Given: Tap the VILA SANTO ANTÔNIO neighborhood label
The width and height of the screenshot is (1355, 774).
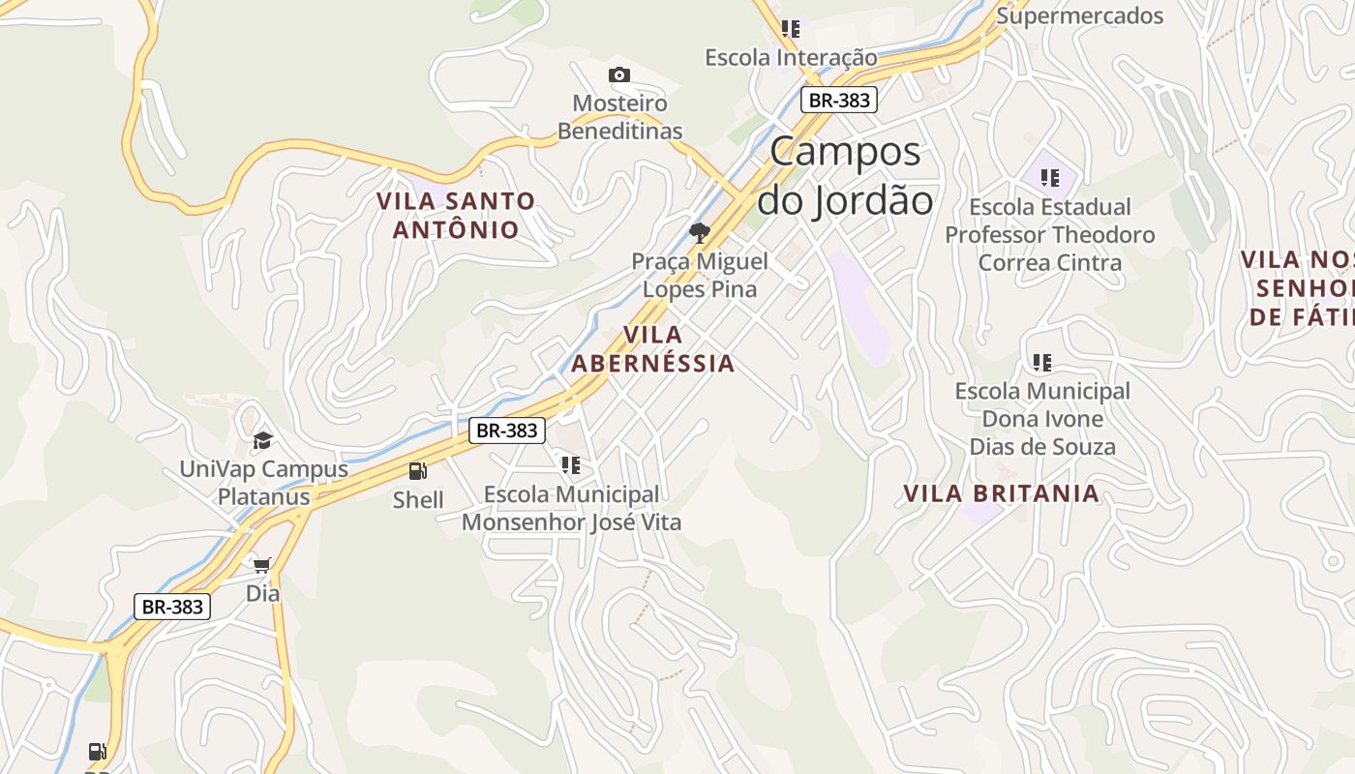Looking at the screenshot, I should point(455,215).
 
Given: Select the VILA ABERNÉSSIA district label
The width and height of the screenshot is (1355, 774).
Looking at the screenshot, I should point(652,349).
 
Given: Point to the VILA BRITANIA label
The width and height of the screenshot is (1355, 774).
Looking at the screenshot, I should point(1001,493).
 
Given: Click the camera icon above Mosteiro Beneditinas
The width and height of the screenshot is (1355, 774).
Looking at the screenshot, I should point(619,74).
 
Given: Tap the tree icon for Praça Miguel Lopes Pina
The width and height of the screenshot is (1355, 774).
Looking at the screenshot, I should point(699,232).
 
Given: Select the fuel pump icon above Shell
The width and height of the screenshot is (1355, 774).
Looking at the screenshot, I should point(418,471).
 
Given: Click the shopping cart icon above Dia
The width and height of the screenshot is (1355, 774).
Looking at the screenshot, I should point(261,564).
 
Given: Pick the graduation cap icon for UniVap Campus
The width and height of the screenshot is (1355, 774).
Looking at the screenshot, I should point(262,440).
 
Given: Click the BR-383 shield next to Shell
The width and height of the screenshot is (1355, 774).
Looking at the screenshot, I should point(507,431).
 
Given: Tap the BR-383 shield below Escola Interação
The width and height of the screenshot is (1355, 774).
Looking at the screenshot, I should point(838,99).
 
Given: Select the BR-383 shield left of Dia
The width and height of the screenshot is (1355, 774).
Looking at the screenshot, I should point(172,607).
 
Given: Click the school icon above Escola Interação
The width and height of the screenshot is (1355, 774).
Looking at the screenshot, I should point(791,29).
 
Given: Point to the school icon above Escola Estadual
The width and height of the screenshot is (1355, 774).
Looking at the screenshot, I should point(1049,178).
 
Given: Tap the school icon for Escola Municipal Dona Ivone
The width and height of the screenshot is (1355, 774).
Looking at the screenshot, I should point(1041,363).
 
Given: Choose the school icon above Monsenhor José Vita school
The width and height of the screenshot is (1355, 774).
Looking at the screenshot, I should point(571,465).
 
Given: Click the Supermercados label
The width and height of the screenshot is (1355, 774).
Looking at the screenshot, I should point(1079,15).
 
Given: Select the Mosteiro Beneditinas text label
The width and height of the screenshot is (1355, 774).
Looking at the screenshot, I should point(619,117).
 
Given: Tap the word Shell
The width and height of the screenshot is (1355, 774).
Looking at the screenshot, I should point(418,500).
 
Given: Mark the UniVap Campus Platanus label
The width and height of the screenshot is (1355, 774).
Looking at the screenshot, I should point(263,483).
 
